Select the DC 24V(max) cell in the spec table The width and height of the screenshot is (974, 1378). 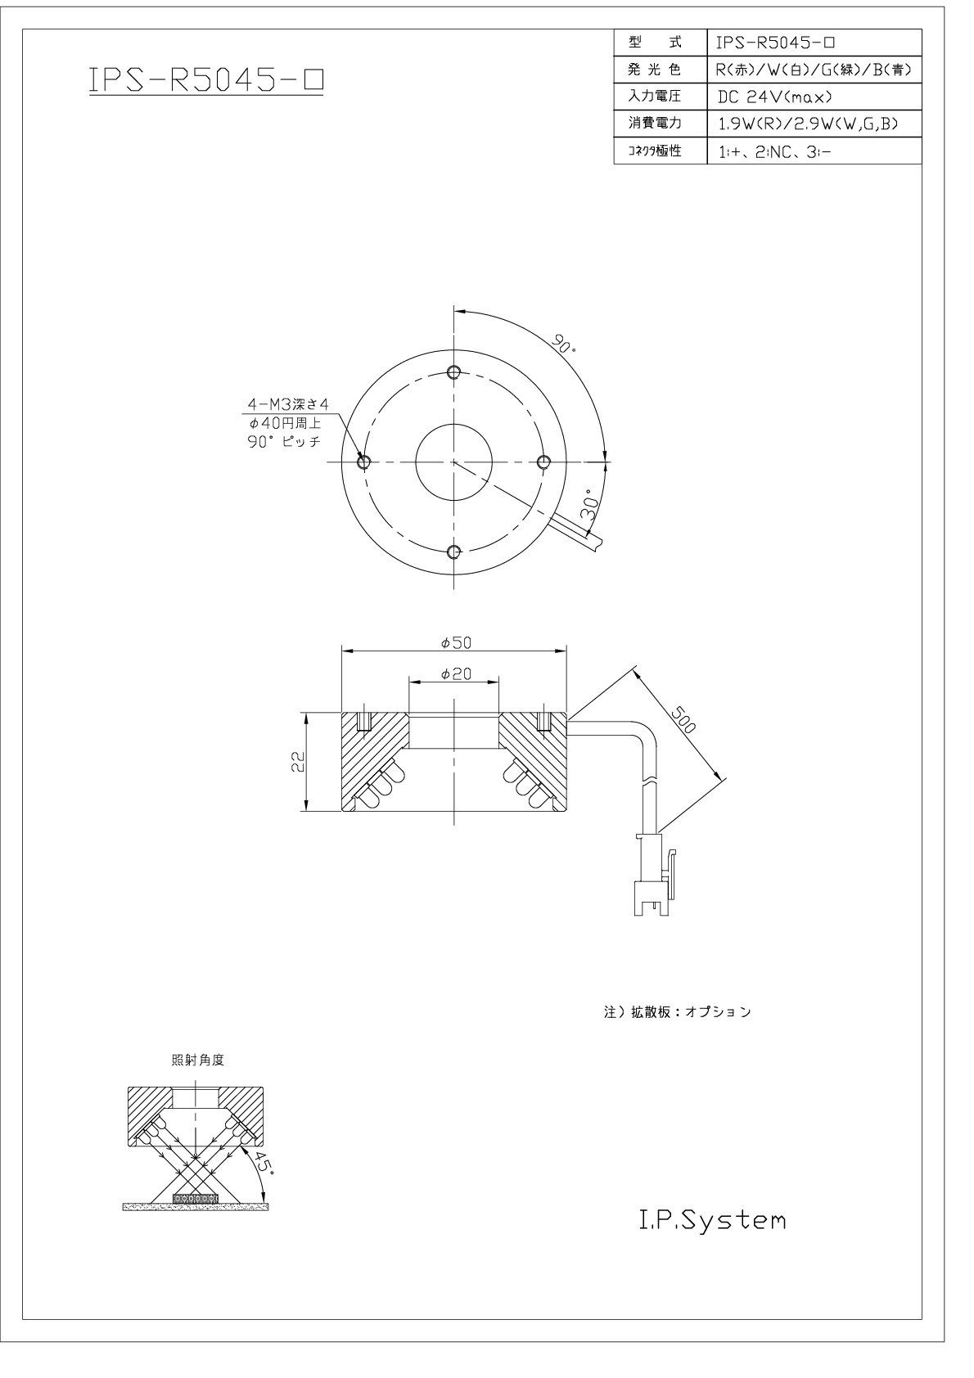775,97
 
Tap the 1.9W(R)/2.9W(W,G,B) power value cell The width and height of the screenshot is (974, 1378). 809,124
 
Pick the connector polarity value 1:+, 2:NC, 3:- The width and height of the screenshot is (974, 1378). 774,151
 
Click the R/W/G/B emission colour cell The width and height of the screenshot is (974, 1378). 813,70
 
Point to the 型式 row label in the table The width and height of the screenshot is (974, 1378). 655,43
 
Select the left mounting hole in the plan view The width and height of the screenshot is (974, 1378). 363,462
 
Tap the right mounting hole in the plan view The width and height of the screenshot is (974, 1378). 544,462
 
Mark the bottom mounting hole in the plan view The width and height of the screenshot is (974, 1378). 454,552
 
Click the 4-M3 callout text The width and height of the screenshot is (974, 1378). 288,404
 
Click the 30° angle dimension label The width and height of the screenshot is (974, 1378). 589,506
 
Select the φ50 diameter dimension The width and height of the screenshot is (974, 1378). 456,643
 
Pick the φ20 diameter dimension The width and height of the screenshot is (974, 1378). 456,674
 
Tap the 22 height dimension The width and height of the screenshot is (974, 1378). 297,763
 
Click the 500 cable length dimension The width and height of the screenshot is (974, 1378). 683,720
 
